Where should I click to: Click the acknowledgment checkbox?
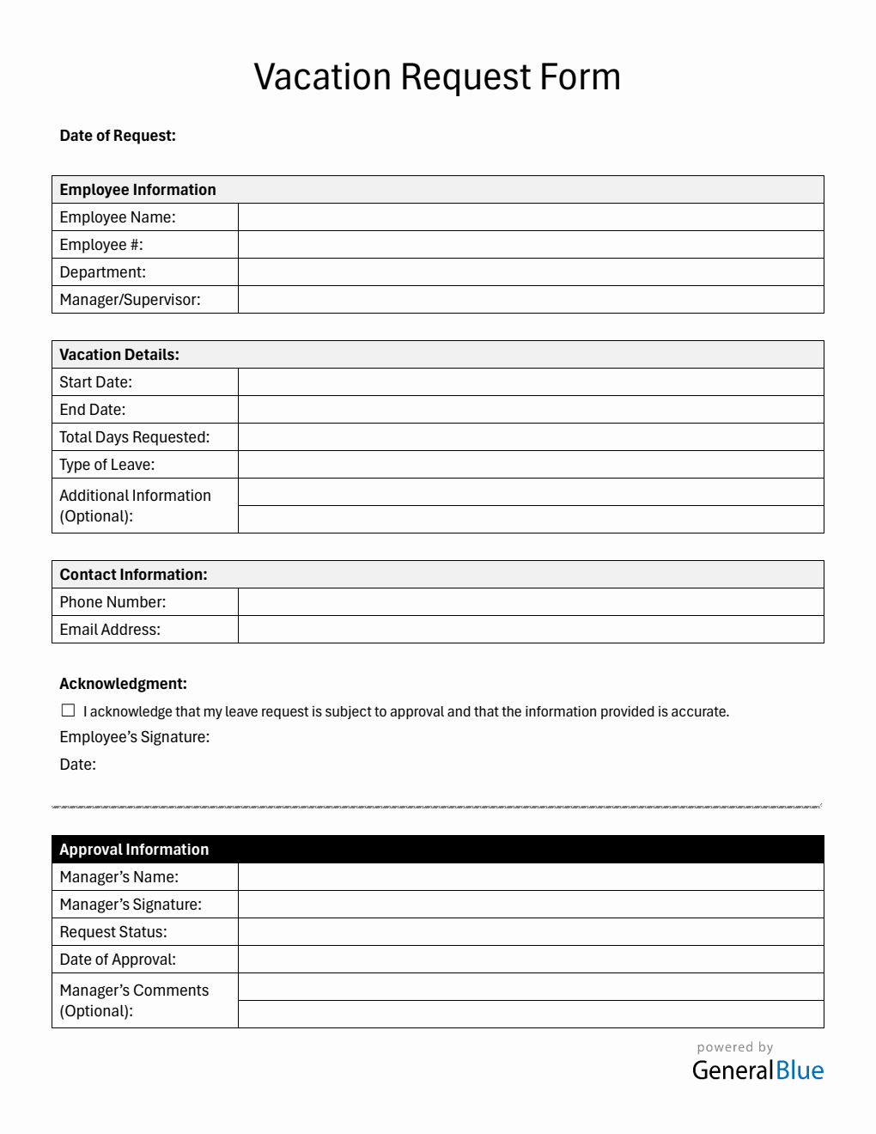[69, 710]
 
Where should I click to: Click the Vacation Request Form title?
[437, 77]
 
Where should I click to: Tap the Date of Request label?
[118, 136]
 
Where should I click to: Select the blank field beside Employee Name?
[530, 217]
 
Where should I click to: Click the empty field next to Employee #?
[530, 245]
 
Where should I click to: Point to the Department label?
[103, 272]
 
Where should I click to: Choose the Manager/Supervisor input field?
[530, 300]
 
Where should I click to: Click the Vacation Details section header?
[119, 355]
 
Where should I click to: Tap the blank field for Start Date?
[530, 382]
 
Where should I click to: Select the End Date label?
[93, 410]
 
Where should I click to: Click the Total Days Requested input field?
[530, 437]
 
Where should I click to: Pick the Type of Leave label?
[107, 465]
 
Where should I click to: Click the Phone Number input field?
[530, 602]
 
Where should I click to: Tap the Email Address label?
[110, 630]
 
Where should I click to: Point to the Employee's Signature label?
[135, 737]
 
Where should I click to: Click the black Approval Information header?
[437, 850]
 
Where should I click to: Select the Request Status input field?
[530, 932]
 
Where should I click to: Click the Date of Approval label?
[118, 960]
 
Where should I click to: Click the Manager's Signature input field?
[530, 905]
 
